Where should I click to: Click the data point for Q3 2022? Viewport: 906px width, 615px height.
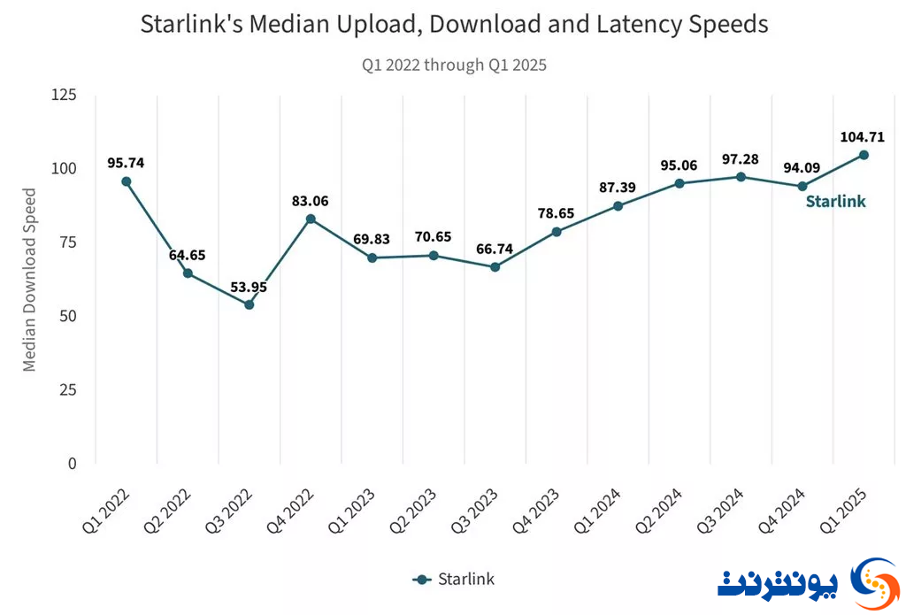pos(249,304)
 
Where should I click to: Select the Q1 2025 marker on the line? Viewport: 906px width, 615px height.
pos(864,155)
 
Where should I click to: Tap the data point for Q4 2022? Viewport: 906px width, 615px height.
pos(311,219)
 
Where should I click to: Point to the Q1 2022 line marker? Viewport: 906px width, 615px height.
pos(126,181)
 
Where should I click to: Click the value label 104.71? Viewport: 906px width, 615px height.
pos(862,137)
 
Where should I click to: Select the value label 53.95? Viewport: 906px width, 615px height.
pos(249,288)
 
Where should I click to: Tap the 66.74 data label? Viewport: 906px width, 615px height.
pos(495,250)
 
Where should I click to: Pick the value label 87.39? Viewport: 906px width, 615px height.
pos(617,188)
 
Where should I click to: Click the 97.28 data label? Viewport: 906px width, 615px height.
pos(741,159)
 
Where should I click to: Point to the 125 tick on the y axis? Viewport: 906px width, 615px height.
pos(64,94)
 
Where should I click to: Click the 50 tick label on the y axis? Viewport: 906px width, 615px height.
pos(68,316)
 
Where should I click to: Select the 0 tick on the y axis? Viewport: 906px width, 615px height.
pos(73,464)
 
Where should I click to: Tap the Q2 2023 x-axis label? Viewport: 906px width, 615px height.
pos(412,511)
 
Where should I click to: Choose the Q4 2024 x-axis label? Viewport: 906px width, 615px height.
pos(781,511)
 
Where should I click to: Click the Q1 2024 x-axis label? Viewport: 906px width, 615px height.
pos(597,511)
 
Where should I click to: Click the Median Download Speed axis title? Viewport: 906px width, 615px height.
pos(29,280)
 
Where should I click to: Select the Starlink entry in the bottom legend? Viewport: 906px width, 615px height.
pos(454,580)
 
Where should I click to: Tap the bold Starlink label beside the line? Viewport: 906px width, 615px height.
pos(835,201)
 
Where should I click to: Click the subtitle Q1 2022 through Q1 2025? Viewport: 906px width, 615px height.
pos(454,65)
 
